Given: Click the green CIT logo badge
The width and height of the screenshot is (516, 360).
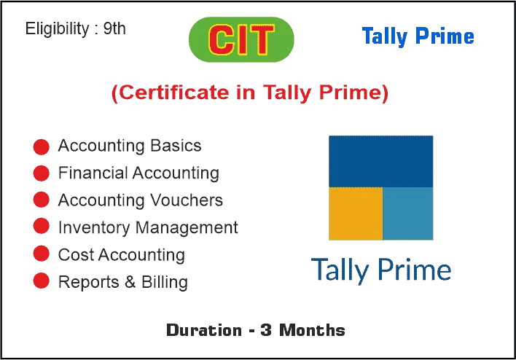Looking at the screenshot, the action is [241, 39].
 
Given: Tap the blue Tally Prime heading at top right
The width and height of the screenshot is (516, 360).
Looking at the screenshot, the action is [418, 36].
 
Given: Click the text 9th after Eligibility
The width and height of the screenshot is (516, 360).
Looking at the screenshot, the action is [114, 28].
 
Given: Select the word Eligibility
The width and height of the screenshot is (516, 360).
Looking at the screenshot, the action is [58, 29].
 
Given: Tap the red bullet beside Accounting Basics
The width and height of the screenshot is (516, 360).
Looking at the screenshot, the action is [41, 146].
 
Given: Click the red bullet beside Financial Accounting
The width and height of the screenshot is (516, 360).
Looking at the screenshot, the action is [41, 173].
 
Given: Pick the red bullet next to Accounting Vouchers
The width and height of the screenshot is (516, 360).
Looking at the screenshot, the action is [41, 200].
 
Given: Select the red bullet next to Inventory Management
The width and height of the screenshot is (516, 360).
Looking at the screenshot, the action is [41, 226].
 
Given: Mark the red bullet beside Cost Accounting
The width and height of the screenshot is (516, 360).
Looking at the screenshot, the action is [41, 254].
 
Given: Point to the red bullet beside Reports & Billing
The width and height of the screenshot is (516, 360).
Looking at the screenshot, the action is [41, 281].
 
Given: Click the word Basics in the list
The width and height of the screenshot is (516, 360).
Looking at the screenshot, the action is [176, 146].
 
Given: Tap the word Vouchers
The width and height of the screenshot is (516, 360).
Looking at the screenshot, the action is [187, 200].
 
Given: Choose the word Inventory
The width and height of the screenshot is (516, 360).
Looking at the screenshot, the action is [94, 227].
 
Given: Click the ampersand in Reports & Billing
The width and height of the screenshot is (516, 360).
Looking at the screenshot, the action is [130, 282].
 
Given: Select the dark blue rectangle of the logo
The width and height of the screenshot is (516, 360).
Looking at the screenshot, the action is [380, 161].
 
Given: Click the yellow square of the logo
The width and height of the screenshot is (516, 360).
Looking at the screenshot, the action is [356, 214].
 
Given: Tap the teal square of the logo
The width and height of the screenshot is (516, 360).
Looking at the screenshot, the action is [408, 214].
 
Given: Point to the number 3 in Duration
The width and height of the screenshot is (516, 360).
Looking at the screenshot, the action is [266, 330].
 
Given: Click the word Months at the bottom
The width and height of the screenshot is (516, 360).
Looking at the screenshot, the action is [312, 330].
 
